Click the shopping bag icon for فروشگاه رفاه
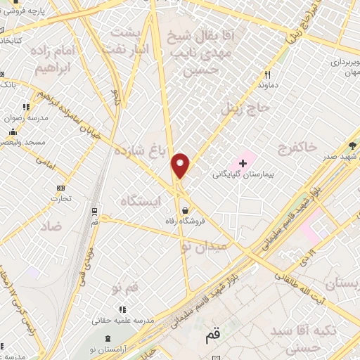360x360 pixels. (x=184, y=210)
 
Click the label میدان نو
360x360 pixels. (x=204, y=247)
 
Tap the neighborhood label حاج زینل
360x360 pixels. (x=240, y=110)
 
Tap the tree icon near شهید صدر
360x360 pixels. (x=351, y=146)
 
